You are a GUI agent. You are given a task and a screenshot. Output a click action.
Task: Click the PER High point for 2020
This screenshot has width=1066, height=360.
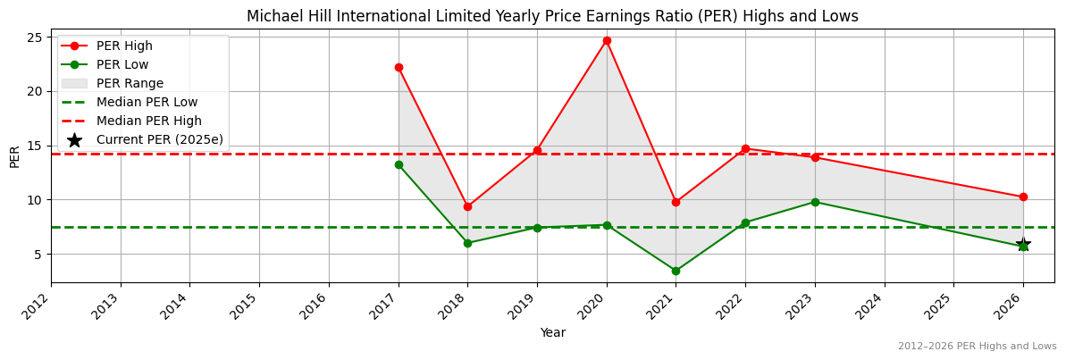tap(607, 40)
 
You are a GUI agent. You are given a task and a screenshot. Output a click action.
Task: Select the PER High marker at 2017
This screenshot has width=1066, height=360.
tap(399, 67)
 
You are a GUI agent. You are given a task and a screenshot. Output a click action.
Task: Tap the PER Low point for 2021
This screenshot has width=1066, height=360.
tap(676, 271)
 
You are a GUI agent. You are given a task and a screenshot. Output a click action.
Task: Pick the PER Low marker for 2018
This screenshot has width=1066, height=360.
tap(467, 243)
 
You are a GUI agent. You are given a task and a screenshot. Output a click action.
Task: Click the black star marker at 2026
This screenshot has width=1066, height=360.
tap(1023, 245)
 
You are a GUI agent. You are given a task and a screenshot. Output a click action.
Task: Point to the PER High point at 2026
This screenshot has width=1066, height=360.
tap(1023, 197)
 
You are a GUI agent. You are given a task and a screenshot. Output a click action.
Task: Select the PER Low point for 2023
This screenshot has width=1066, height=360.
tap(815, 202)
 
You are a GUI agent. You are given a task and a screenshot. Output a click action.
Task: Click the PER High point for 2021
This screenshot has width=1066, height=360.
tap(676, 202)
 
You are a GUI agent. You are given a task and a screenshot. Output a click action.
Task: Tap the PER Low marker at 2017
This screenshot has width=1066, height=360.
tap(399, 164)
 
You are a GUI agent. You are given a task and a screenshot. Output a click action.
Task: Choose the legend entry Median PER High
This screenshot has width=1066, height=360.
tap(148, 121)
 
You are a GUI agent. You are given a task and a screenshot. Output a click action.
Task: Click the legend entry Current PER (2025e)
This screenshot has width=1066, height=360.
tap(159, 139)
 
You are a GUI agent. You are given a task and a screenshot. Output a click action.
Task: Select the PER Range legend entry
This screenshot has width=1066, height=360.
tap(130, 83)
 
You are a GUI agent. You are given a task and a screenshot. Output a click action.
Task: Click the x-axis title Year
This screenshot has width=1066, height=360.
tap(552, 333)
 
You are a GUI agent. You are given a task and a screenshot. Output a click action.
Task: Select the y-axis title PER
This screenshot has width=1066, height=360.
tap(14, 155)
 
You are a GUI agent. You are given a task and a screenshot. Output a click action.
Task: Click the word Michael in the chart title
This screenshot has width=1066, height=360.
tap(271, 16)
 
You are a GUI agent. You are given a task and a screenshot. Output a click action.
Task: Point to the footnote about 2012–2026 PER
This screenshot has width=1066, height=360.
tap(977, 346)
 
